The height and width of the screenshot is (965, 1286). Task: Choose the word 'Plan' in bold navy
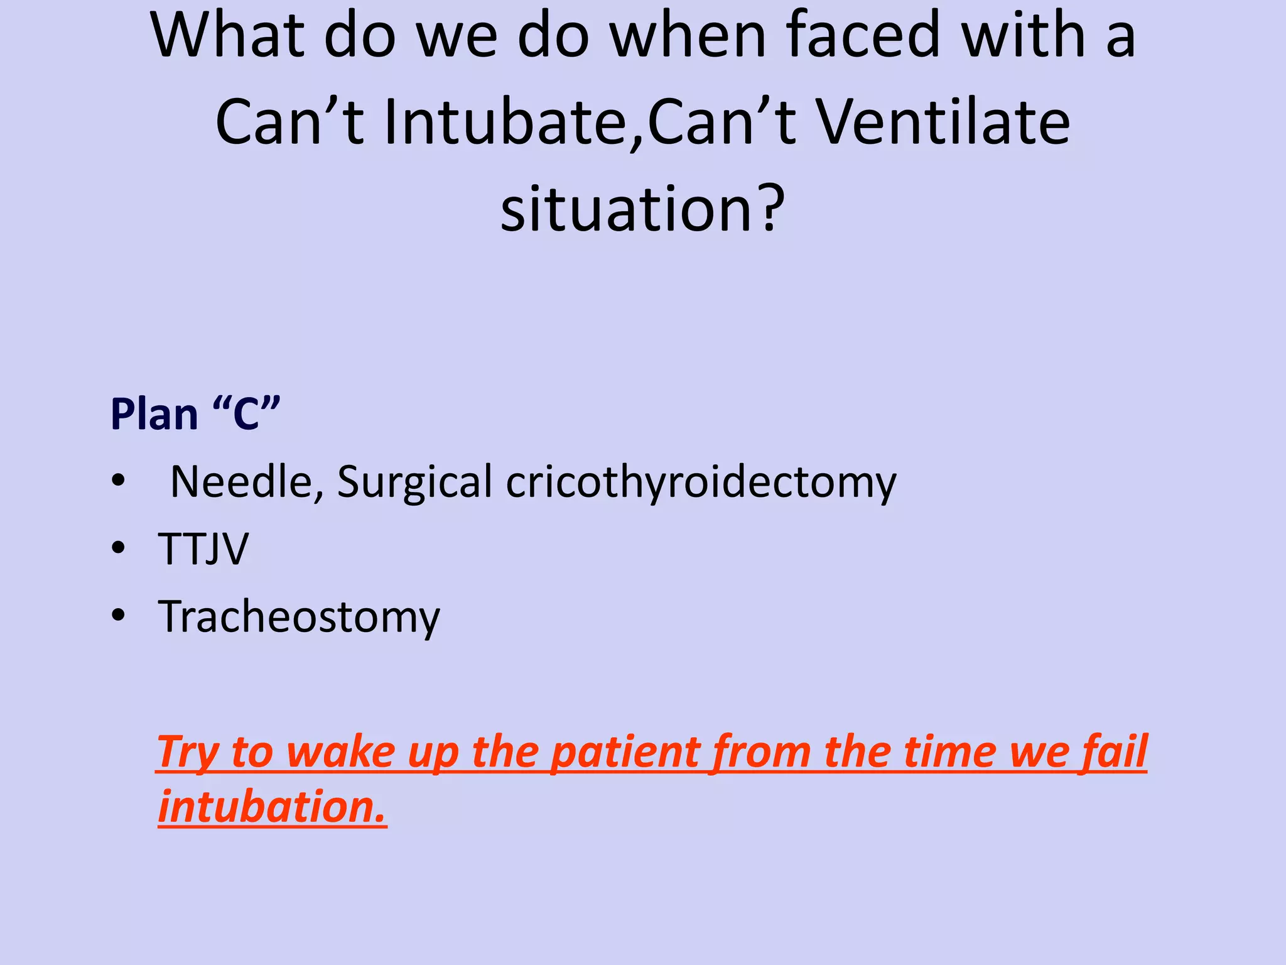pyautogui.click(x=154, y=415)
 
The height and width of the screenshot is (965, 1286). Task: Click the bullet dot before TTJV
pyautogui.click(x=117, y=549)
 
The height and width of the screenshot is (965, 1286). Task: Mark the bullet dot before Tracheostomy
pyautogui.click(x=117, y=616)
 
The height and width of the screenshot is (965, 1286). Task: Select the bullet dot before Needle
pyautogui.click(x=117, y=481)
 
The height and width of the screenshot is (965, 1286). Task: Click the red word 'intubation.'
pyautogui.click(x=272, y=807)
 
